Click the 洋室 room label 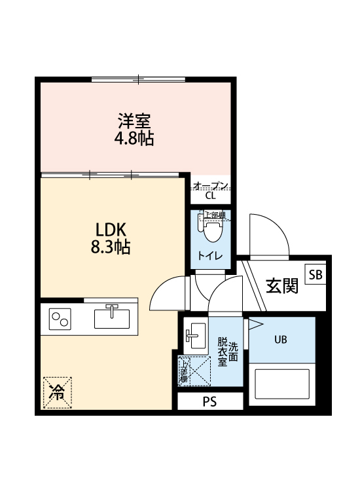[x=135, y=121]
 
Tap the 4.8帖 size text [x=135, y=139]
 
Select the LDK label [x=111, y=230]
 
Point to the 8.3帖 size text [x=111, y=247]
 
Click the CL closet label [x=210, y=195]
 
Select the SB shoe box [x=315, y=274]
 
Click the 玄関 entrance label [x=282, y=285]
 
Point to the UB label [x=280, y=339]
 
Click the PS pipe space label [x=209, y=402]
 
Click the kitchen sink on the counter [x=113, y=318]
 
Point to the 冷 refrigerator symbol [x=57, y=393]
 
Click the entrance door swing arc [x=268, y=232]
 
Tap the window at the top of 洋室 [x=139, y=80]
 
